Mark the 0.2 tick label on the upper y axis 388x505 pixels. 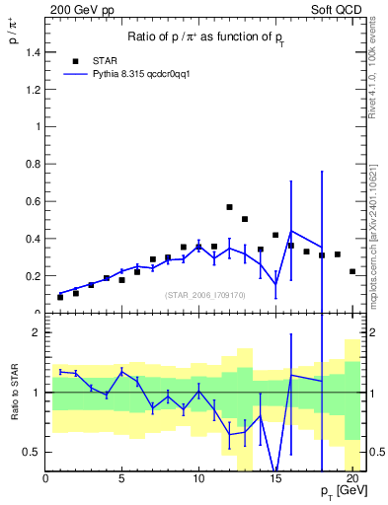coord(32,276)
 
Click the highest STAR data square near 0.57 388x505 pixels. coord(229,207)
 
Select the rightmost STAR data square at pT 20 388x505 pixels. coord(352,271)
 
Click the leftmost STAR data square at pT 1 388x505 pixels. coord(60,297)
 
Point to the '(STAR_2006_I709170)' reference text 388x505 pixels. coord(205,293)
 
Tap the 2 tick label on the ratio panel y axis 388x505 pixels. coord(36,332)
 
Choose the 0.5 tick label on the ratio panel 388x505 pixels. coord(32,452)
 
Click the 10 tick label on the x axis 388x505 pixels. coord(198,480)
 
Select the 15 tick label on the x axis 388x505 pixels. coord(275,480)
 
